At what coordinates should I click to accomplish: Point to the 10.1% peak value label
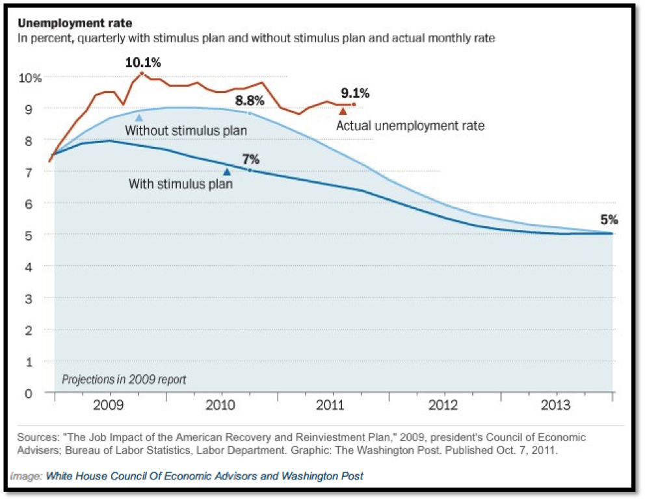(x=143, y=62)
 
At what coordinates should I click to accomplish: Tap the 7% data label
(x=251, y=159)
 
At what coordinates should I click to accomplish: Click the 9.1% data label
(x=355, y=92)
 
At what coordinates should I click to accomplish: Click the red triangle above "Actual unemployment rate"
(x=343, y=111)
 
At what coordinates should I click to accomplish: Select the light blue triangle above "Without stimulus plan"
(x=138, y=117)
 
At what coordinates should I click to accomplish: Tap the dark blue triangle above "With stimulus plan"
(x=227, y=172)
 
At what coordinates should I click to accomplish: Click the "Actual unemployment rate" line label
(x=410, y=125)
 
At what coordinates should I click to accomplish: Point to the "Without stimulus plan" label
(x=186, y=131)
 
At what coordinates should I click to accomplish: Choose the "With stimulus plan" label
(x=180, y=184)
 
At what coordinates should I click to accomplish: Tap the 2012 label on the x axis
(x=445, y=405)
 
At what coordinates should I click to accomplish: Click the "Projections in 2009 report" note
(x=124, y=379)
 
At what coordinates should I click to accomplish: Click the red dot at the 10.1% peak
(x=142, y=73)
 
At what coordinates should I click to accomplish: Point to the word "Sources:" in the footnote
(x=38, y=437)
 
